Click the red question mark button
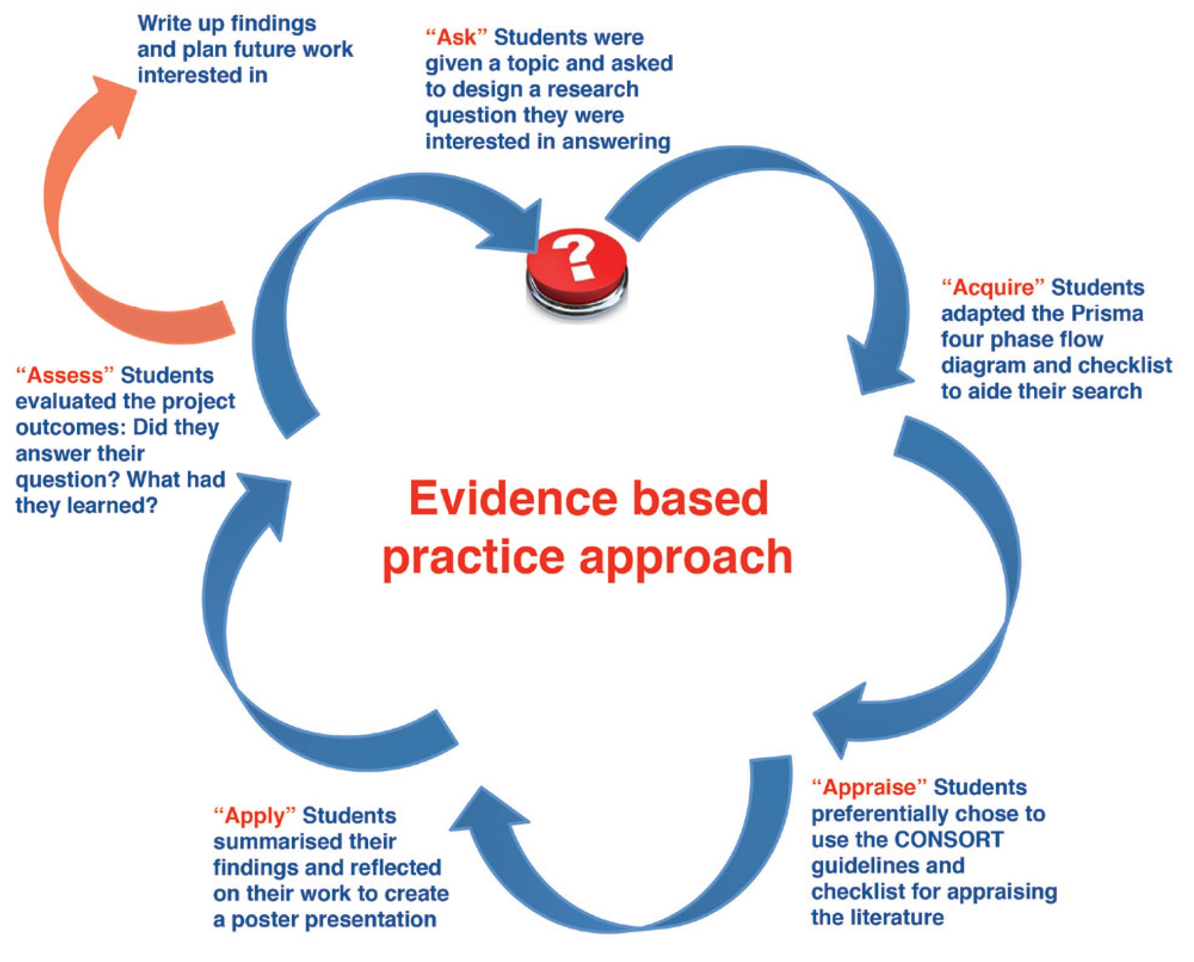click(x=576, y=272)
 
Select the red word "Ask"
click(x=456, y=38)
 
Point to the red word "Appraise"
click(x=869, y=788)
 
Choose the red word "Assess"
click(x=65, y=376)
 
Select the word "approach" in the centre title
click(x=685, y=558)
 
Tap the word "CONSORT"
click(x=948, y=840)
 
